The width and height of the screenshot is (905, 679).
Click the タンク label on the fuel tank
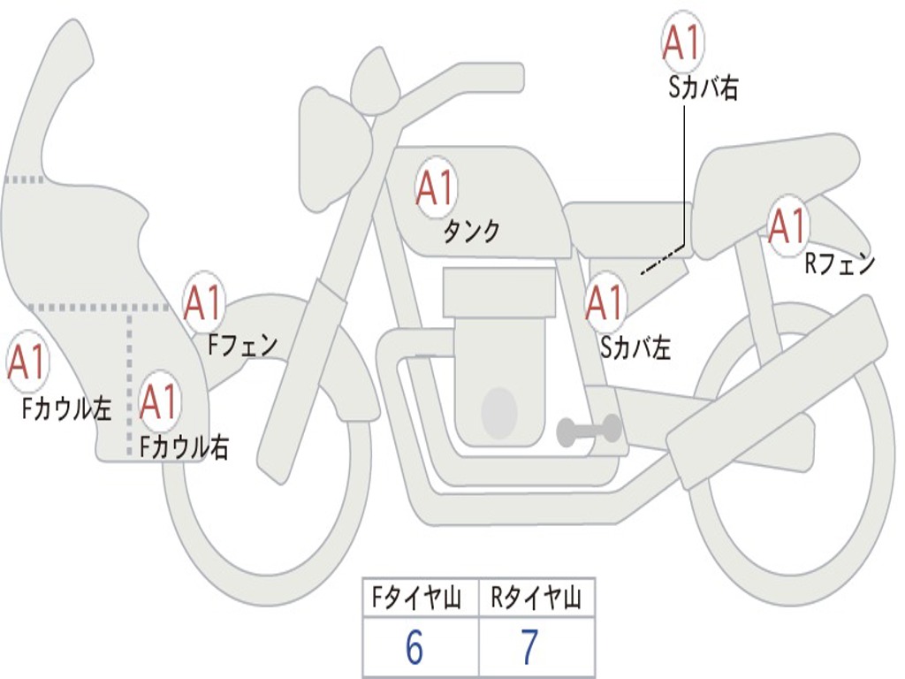click(471, 232)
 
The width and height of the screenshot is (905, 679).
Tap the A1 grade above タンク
click(435, 188)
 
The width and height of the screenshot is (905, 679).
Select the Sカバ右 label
click(703, 88)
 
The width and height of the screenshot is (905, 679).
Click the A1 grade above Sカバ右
click(682, 42)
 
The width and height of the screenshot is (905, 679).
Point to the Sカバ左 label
click(635, 347)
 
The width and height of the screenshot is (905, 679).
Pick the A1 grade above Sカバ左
click(606, 302)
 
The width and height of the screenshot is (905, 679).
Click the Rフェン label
click(839, 263)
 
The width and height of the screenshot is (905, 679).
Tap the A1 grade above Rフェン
click(787, 225)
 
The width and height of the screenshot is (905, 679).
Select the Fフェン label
click(242, 344)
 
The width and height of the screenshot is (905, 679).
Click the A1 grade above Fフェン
click(204, 302)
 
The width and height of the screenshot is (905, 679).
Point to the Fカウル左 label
click(67, 408)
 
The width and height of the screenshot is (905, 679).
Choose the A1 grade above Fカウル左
click(27, 362)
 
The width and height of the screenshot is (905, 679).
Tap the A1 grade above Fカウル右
click(160, 402)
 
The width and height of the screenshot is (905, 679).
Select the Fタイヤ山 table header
click(420, 600)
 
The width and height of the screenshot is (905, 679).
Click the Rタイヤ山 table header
click(536, 600)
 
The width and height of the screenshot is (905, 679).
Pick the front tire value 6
click(414, 648)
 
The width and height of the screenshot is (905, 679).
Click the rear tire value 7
click(529, 648)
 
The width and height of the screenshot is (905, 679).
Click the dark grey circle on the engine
click(498, 412)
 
